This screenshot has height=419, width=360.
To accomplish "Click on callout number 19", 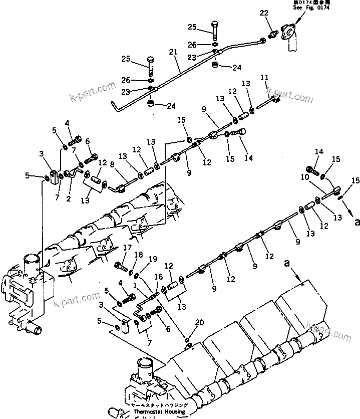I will coord(153,260).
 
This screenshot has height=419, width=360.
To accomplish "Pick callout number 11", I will coord(264,77).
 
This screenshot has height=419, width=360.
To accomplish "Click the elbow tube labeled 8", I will coord(119,187).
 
